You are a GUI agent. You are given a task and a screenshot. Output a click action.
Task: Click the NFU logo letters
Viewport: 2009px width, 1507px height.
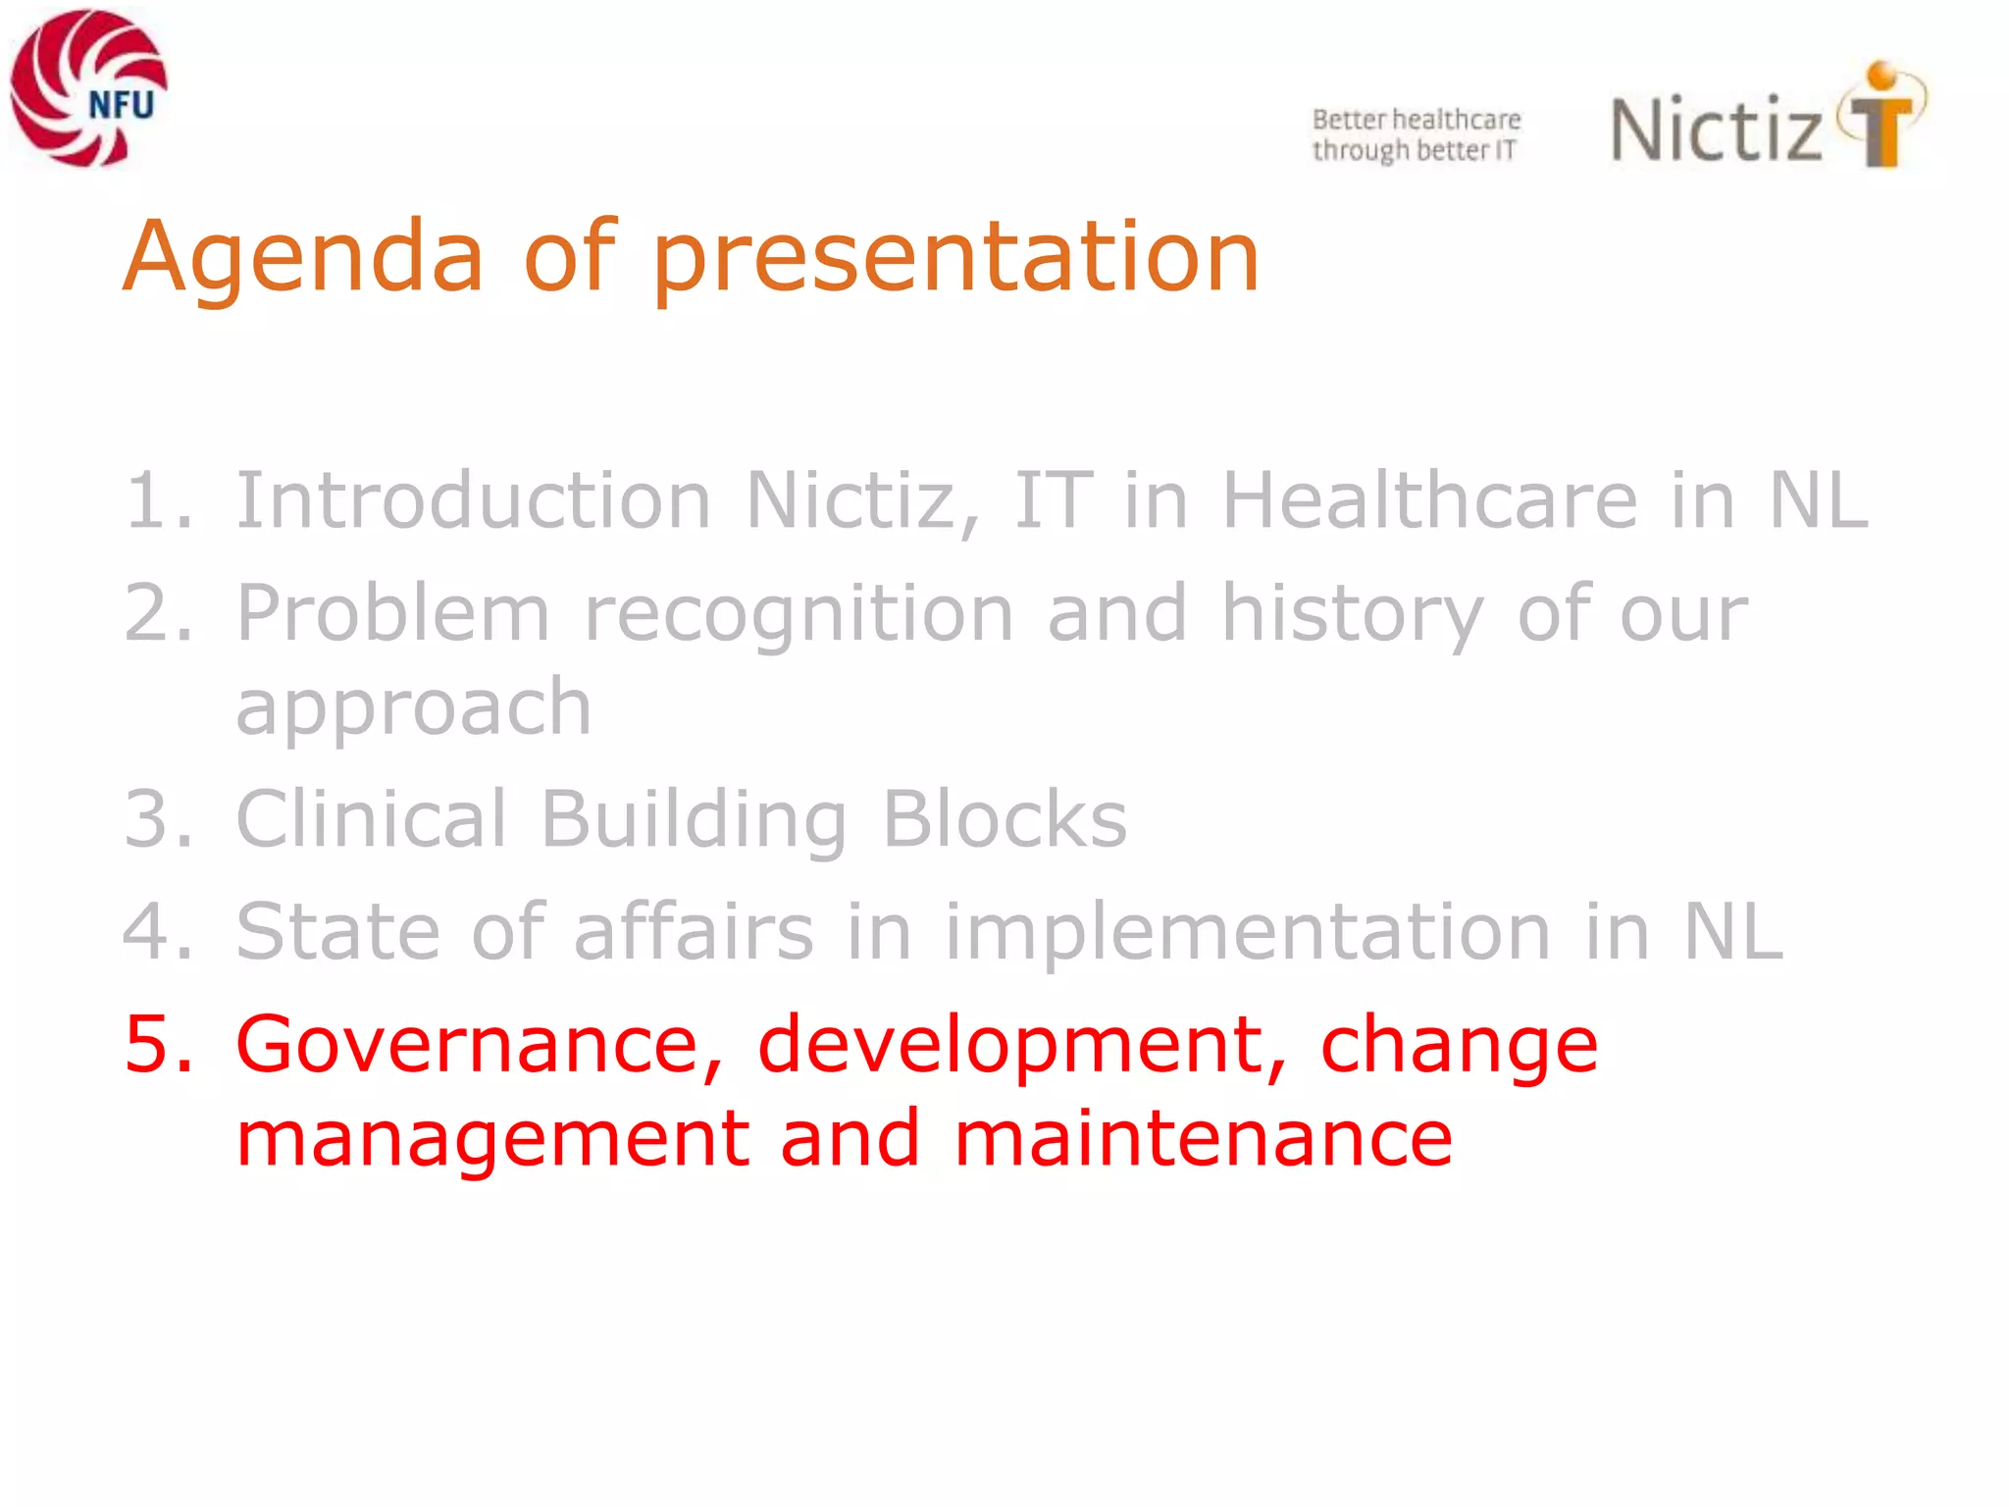click(121, 104)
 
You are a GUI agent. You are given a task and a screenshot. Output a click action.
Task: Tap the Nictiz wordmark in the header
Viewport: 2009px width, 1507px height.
click(1716, 130)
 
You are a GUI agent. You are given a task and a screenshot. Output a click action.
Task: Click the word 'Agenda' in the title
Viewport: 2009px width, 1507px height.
click(303, 257)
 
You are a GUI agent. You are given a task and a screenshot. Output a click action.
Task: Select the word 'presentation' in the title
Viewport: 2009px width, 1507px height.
click(955, 257)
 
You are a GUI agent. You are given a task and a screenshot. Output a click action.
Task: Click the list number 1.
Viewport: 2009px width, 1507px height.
click(157, 500)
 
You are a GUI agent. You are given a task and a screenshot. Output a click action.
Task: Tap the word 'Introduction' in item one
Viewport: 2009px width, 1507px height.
click(473, 500)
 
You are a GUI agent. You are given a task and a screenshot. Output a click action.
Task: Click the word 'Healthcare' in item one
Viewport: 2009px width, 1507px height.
click(1429, 500)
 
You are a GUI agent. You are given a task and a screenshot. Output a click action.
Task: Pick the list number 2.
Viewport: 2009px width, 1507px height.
click(157, 612)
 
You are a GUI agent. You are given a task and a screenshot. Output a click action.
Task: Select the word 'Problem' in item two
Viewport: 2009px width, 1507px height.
click(392, 612)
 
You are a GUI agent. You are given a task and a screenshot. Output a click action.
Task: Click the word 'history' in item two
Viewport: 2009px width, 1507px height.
click(1352, 612)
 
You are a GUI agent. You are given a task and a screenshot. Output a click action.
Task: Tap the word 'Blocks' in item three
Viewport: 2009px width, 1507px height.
click(1004, 818)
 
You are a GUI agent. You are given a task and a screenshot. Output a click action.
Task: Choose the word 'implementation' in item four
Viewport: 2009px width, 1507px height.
click(1247, 931)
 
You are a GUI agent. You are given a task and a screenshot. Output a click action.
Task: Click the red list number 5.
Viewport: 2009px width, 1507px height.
click(157, 1044)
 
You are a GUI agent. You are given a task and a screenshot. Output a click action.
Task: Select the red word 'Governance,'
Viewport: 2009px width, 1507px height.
click(479, 1044)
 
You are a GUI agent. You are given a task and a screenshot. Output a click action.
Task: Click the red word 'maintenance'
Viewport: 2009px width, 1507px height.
click(1203, 1138)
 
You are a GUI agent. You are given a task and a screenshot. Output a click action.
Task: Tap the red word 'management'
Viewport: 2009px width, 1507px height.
click(492, 1138)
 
